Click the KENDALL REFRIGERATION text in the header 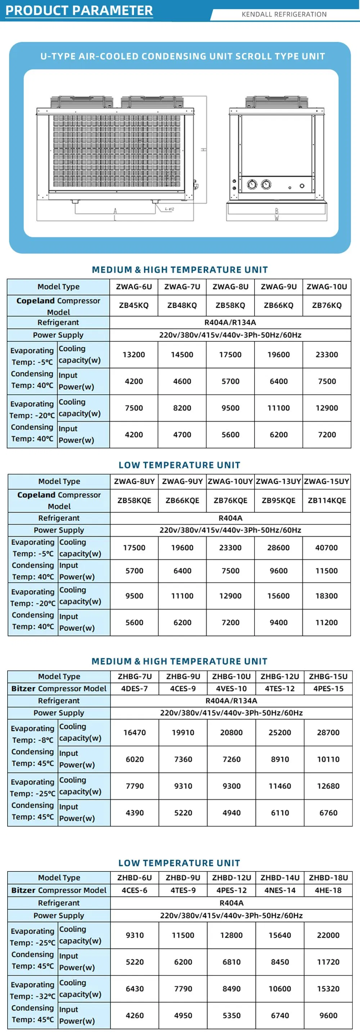(x=284, y=14)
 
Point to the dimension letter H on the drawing (x=204, y=149)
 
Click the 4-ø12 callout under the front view (x=170, y=209)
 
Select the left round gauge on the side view (x=252, y=184)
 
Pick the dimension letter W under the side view (x=276, y=218)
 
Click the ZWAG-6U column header (x=134, y=286)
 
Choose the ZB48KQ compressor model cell (x=182, y=305)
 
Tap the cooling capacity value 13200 (x=134, y=354)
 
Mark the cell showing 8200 (x=182, y=408)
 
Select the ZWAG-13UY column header (x=278, y=481)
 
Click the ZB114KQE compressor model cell (x=327, y=500)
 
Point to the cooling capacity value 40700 (x=327, y=548)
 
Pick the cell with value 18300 (x=327, y=596)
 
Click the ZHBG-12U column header (x=280, y=676)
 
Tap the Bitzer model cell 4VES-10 (x=231, y=688)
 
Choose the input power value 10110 (x=328, y=759)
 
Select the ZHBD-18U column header (x=328, y=878)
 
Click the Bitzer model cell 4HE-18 (x=328, y=890)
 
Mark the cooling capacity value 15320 (x=328, y=989)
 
